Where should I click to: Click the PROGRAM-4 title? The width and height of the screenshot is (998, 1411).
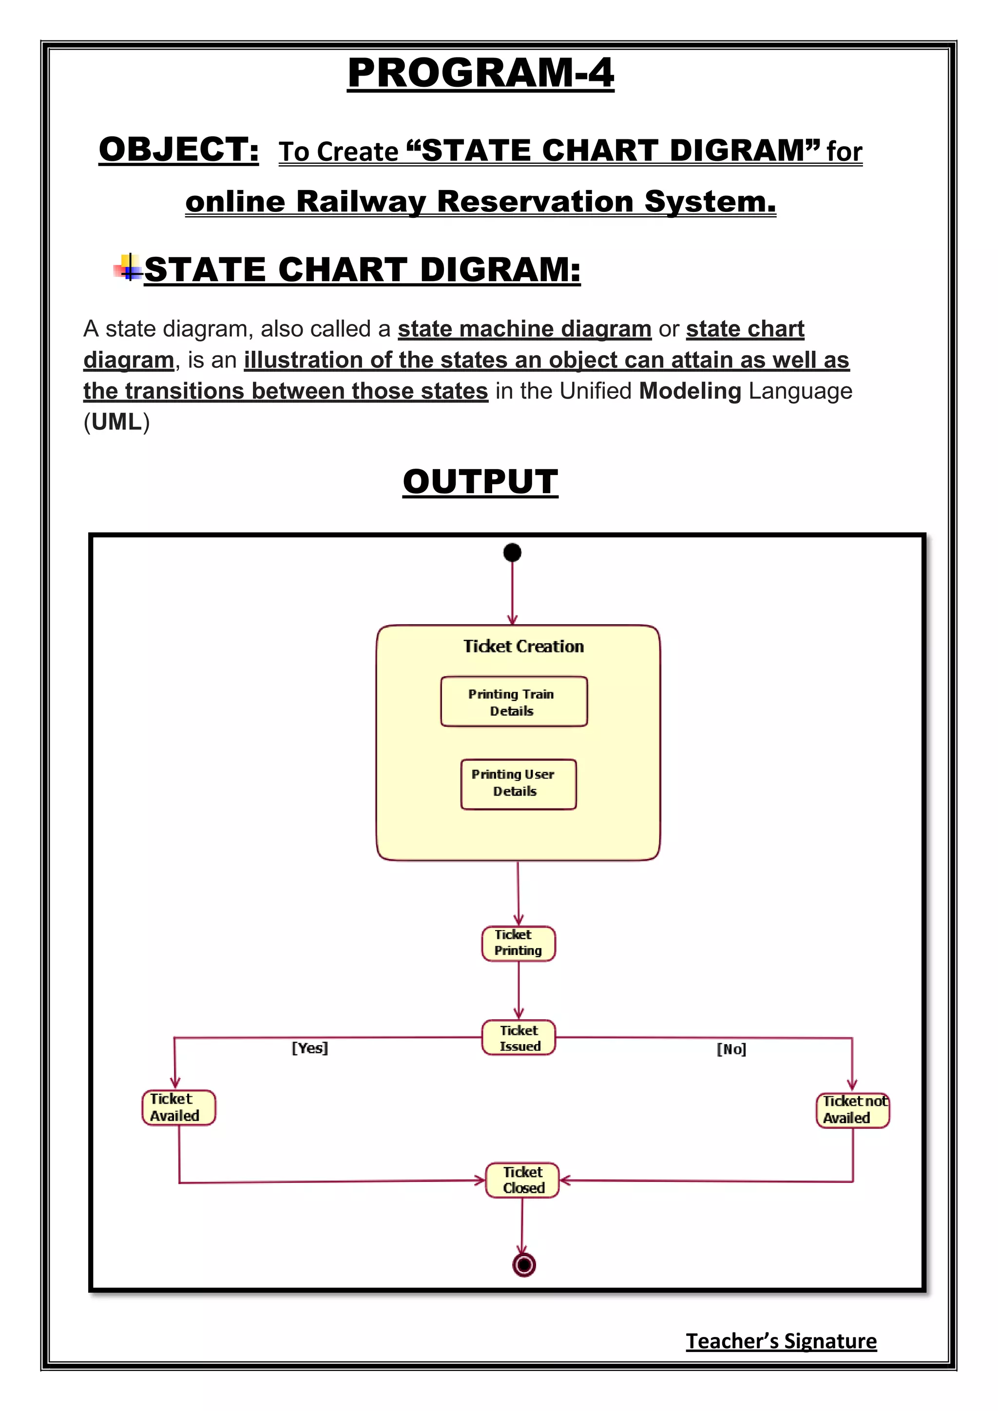tap(480, 73)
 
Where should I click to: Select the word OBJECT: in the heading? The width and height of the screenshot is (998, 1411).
tap(179, 150)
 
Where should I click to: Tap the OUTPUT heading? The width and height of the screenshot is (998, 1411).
tap(480, 481)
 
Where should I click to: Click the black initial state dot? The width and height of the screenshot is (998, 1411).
tap(512, 553)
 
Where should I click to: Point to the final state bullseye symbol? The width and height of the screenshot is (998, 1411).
tap(523, 1265)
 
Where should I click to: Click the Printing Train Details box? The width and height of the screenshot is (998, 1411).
tap(514, 702)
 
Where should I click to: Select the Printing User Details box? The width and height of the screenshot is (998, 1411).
tap(518, 783)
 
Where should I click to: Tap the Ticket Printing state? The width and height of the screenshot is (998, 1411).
tap(518, 943)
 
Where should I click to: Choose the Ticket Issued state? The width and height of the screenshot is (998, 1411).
tap(518, 1038)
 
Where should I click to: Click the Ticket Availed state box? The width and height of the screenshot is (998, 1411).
tap(178, 1107)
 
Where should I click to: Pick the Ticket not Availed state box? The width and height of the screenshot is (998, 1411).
tap(852, 1110)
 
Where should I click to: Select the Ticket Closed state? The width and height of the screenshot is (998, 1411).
tap(522, 1180)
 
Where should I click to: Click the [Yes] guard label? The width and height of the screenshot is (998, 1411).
tap(310, 1048)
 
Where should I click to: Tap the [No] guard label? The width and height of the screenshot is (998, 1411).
tap(731, 1049)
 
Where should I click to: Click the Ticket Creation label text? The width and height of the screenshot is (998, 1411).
tap(523, 647)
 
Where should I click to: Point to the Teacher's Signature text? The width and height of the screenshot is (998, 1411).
tap(781, 1340)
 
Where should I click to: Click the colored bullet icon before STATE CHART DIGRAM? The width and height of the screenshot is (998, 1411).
tap(128, 268)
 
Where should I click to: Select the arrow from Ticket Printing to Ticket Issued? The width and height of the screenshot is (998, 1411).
tap(518, 990)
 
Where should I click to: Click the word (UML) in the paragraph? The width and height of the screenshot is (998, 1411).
tap(117, 421)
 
